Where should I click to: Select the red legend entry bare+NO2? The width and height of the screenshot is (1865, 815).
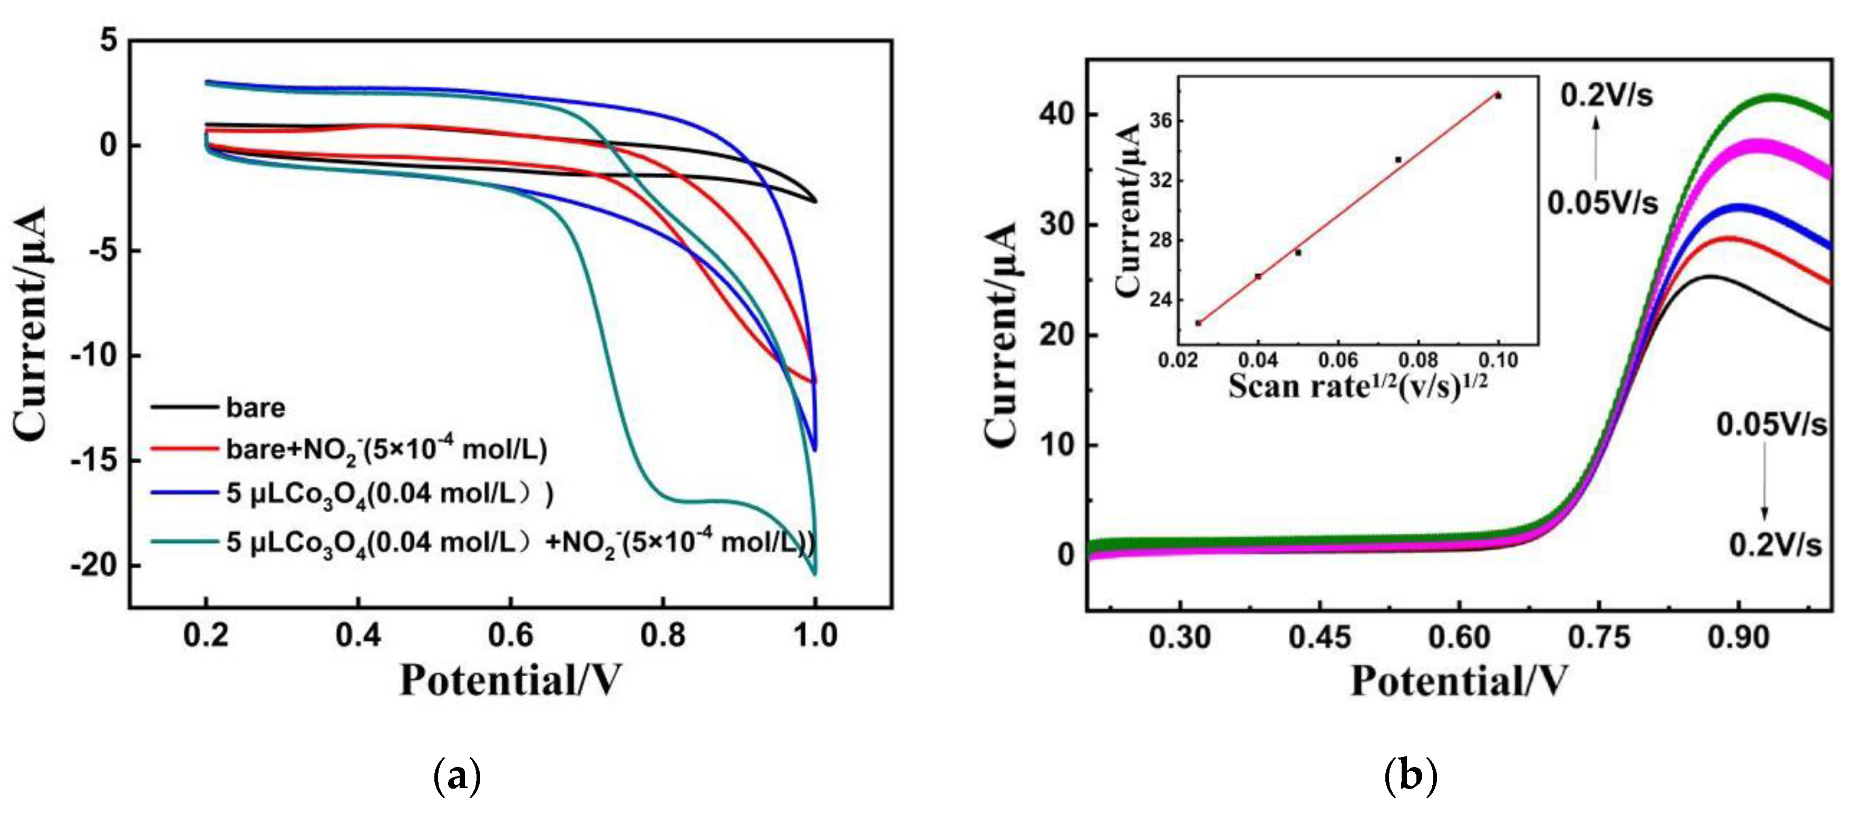point(385,450)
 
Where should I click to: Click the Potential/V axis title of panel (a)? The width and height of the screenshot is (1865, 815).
point(510,681)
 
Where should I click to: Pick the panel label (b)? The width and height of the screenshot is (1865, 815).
point(1410,776)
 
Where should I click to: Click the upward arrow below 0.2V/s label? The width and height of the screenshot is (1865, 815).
point(1596,149)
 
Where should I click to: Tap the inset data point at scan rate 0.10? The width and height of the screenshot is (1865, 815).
point(1498,95)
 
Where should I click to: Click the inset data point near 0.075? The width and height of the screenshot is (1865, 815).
point(1398,159)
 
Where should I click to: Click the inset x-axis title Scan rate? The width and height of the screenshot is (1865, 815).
point(1357,386)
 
